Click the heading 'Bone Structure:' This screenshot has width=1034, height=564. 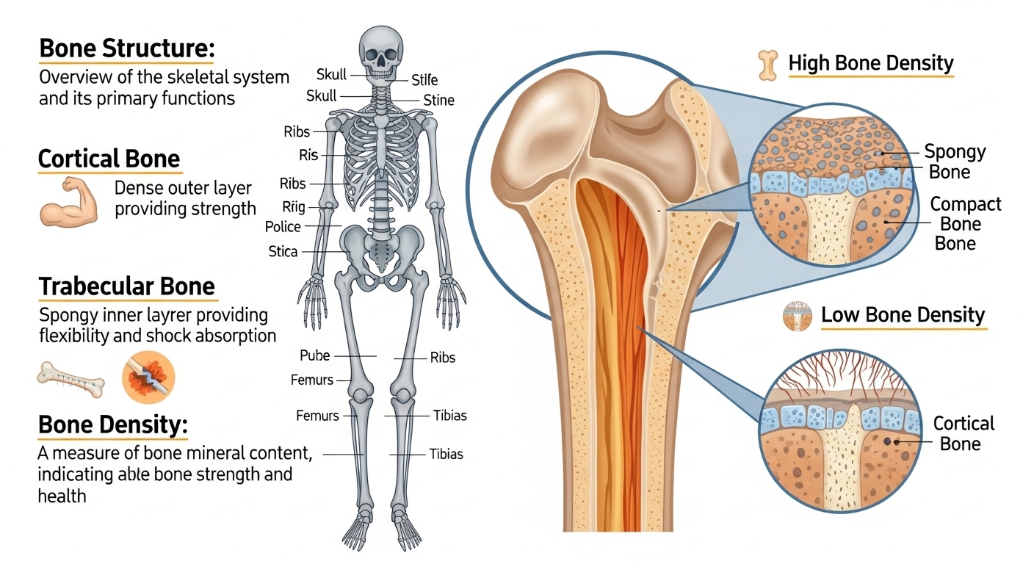point(126,49)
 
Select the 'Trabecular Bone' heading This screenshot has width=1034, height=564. point(126,286)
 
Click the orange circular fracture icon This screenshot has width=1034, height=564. point(148,377)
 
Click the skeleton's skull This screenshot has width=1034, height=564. point(380,52)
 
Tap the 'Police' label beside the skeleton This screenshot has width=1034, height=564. point(283,227)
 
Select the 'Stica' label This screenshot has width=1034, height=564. point(283,252)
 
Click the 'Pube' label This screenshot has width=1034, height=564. point(315,356)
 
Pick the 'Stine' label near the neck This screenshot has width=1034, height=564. point(438,101)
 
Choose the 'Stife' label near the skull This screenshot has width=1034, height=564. point(424,79)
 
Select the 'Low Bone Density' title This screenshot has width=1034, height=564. point(903,316)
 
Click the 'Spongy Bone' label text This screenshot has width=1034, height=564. point(954,162)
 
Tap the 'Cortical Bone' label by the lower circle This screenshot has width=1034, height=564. point(963,433)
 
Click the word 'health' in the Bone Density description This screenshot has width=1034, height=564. point(62,496)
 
